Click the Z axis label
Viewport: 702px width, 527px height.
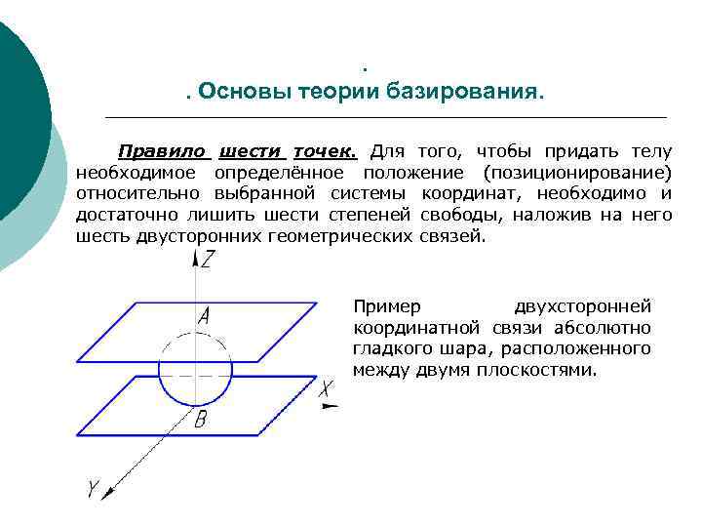[209, 260]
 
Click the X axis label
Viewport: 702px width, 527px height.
[327, 388]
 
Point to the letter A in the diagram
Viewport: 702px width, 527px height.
[204, 316]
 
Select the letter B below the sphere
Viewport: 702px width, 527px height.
[200, 420]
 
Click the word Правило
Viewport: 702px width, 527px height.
[162, 152]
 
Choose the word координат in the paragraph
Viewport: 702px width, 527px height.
[465, 194]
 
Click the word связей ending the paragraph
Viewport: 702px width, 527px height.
[451, 237]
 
